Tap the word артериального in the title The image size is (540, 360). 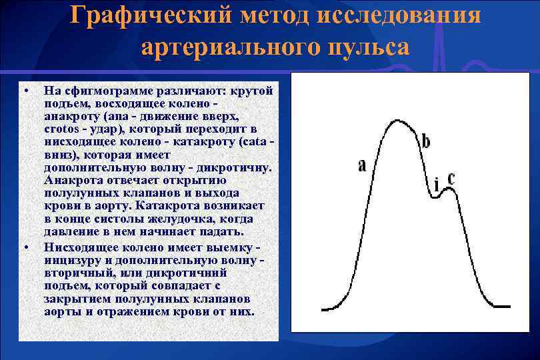(x=219, y=48)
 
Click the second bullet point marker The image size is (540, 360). (x=25, y=247)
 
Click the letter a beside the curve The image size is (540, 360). (x=362, y=165)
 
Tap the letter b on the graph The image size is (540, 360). (x=425, y=141)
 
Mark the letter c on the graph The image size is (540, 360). (x=451, y=178)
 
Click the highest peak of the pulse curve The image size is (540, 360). (x=399, y=121)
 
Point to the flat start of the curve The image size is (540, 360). (x=330, y=309)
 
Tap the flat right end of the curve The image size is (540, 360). (x=503, y=307)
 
